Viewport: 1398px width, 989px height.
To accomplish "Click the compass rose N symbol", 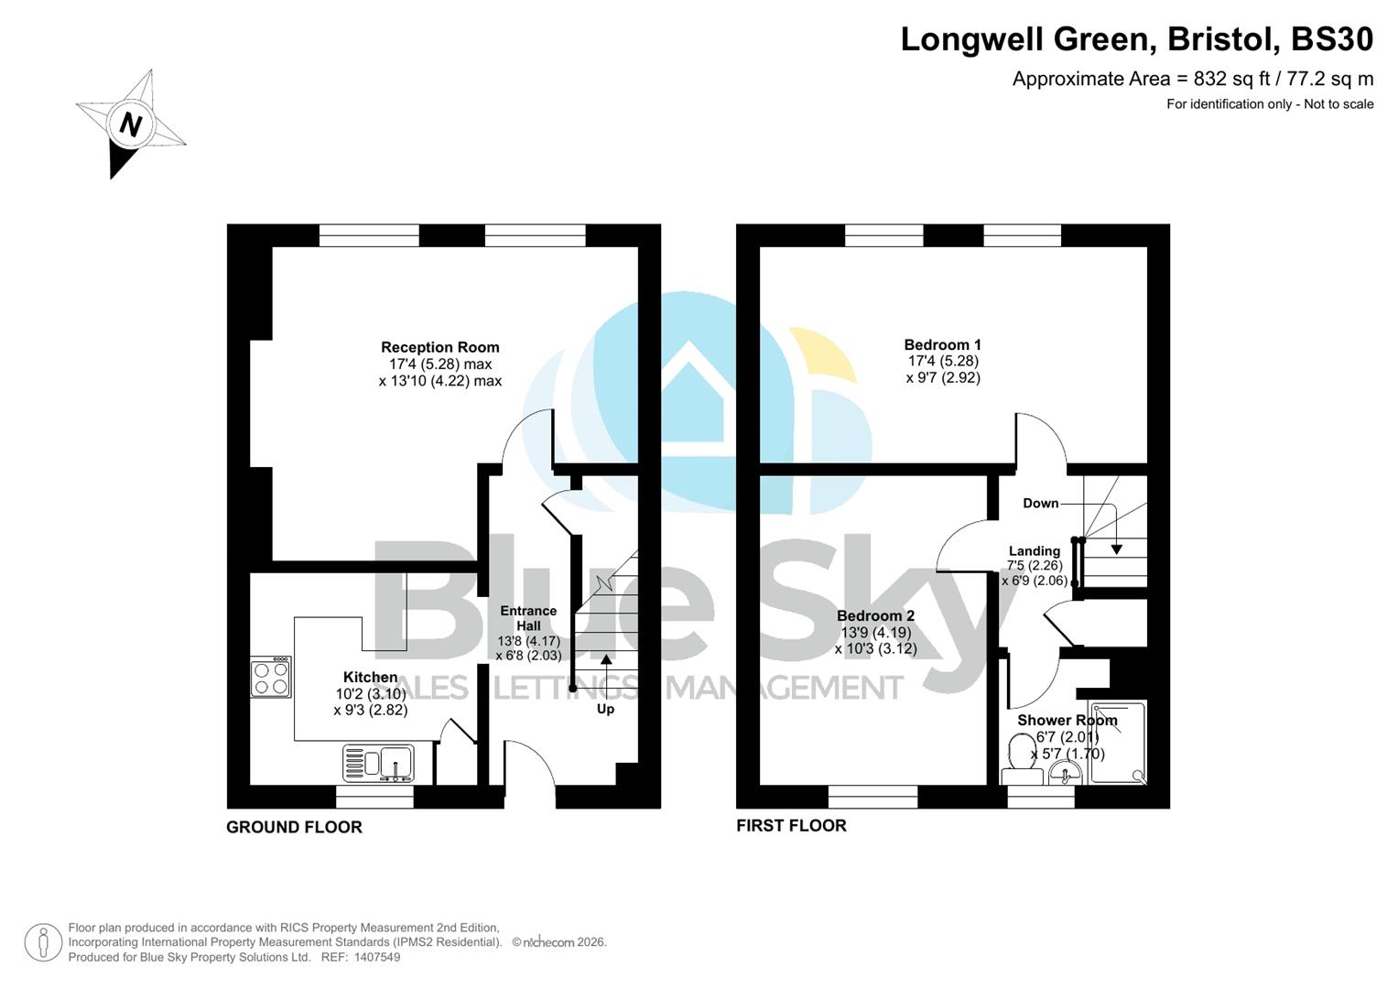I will [x=131, y=125].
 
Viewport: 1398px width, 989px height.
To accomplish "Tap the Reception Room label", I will [x=439, y=347].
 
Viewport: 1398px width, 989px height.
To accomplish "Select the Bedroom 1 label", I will [x=942, y=344].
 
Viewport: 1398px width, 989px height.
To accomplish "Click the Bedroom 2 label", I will [x=875, y=615].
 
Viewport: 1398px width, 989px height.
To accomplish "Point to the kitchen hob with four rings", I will [x=271, y=678].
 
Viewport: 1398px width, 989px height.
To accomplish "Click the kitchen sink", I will [x=378, y=762].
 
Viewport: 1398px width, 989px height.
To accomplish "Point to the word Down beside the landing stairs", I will [x=1040, y=503].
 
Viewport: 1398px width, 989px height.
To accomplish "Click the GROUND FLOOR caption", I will [x=294, y=827].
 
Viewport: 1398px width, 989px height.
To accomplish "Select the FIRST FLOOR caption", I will [x=791, y=825].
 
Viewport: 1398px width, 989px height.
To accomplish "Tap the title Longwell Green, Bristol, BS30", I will [x=1136, y=39].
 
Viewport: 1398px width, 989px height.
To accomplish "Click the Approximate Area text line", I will [x=1192, y=79].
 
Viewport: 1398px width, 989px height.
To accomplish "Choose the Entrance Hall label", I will [x=528, y=618].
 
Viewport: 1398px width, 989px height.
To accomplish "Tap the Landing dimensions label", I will [x=1034, y=566].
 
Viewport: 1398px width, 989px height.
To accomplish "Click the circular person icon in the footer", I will [x=43, y=942].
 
